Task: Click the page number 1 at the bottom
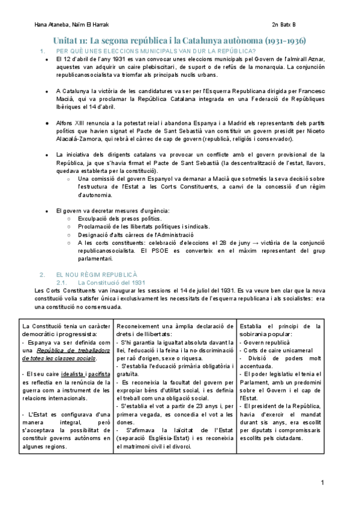(x=323, y=483)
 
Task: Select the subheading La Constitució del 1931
(x=112, y=282)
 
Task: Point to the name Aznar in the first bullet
(x=316, y=59)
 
